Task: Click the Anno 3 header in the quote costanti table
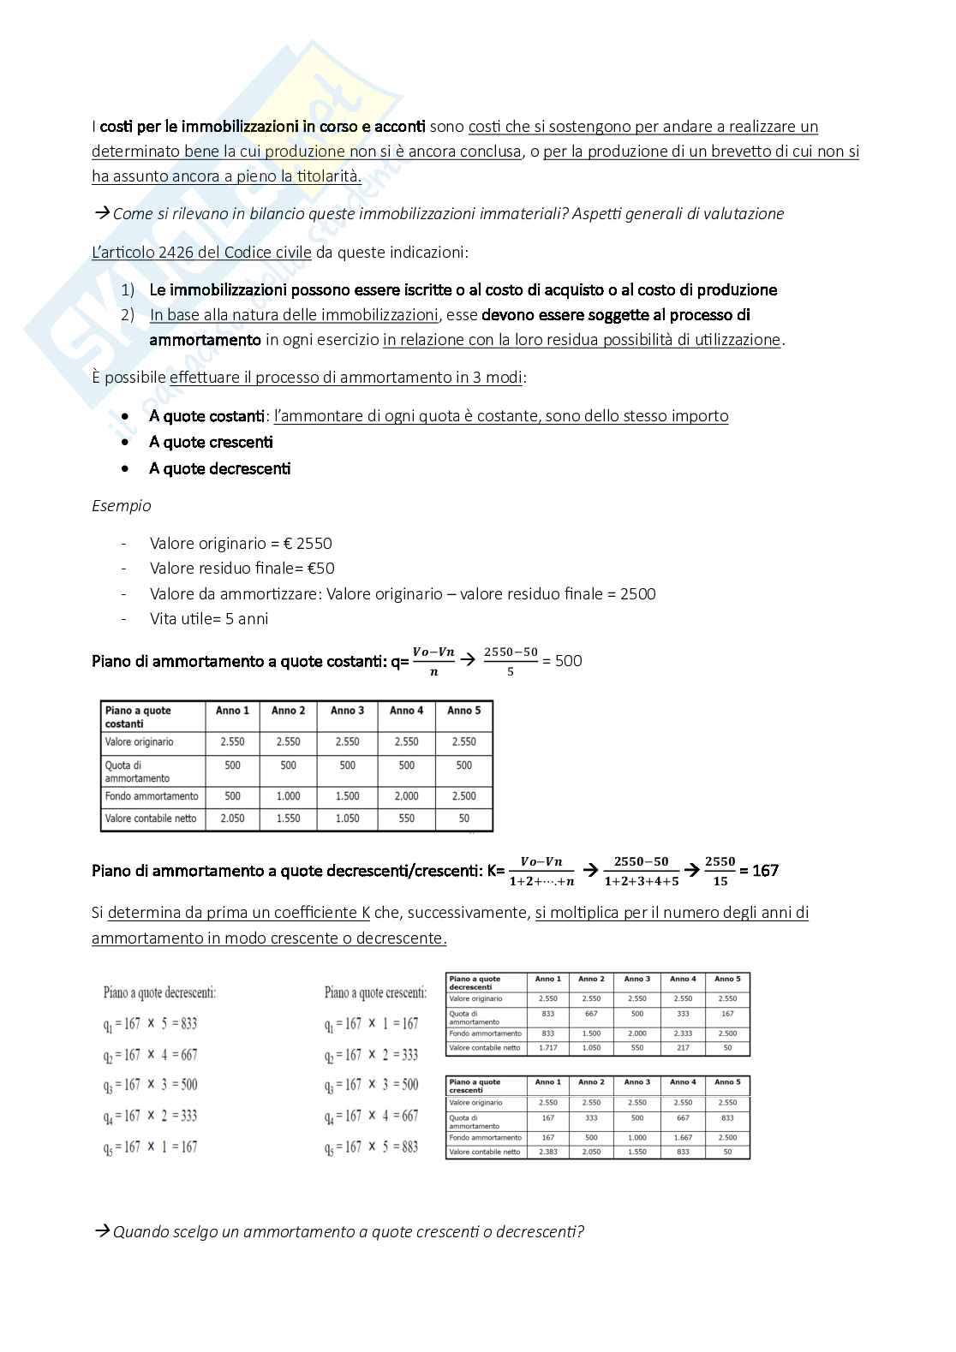coord(347,711)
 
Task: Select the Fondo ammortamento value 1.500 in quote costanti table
coord(347,796)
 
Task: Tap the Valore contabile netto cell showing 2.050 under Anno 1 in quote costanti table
coord(232,819)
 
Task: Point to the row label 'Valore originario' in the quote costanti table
coord(139,742)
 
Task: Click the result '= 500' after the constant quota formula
coord(563,661)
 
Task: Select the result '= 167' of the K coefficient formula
coord(759,871)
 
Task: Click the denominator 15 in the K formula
coord(720,881)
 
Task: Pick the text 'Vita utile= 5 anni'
coord(208,619)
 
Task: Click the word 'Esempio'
coord(122,506)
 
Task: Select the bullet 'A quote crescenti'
coord(211,443)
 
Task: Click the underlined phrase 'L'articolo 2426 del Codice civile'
coord(201,253)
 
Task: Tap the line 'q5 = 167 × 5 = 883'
coord(371,1147)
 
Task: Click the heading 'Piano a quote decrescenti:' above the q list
coord(159,993)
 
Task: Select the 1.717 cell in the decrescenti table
coord(547,1048)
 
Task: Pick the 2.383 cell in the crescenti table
coord(547,1152)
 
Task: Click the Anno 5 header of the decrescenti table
coord(727,979)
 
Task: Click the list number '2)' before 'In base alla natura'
coord(128,315)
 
